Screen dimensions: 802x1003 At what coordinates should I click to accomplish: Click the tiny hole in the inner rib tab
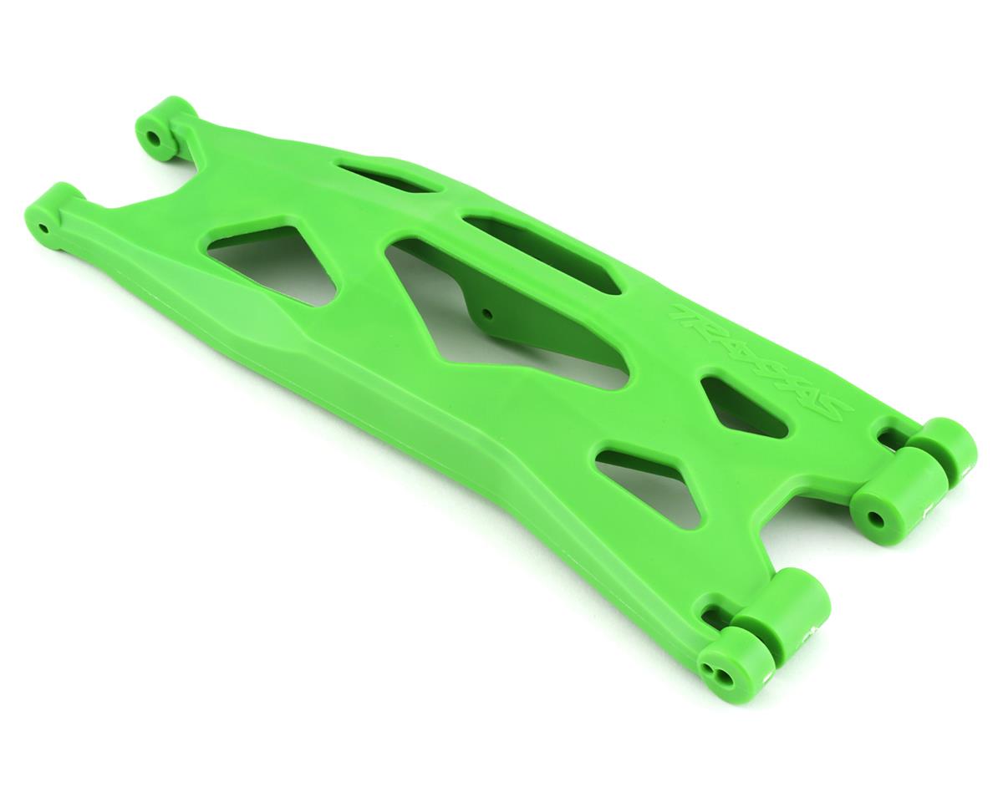[487, 315]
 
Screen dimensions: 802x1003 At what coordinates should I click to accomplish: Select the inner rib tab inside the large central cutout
[535, 326]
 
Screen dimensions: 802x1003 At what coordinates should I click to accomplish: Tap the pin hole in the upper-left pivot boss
[154, 135]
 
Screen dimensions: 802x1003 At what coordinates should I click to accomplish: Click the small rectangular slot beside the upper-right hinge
[886, 436]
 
